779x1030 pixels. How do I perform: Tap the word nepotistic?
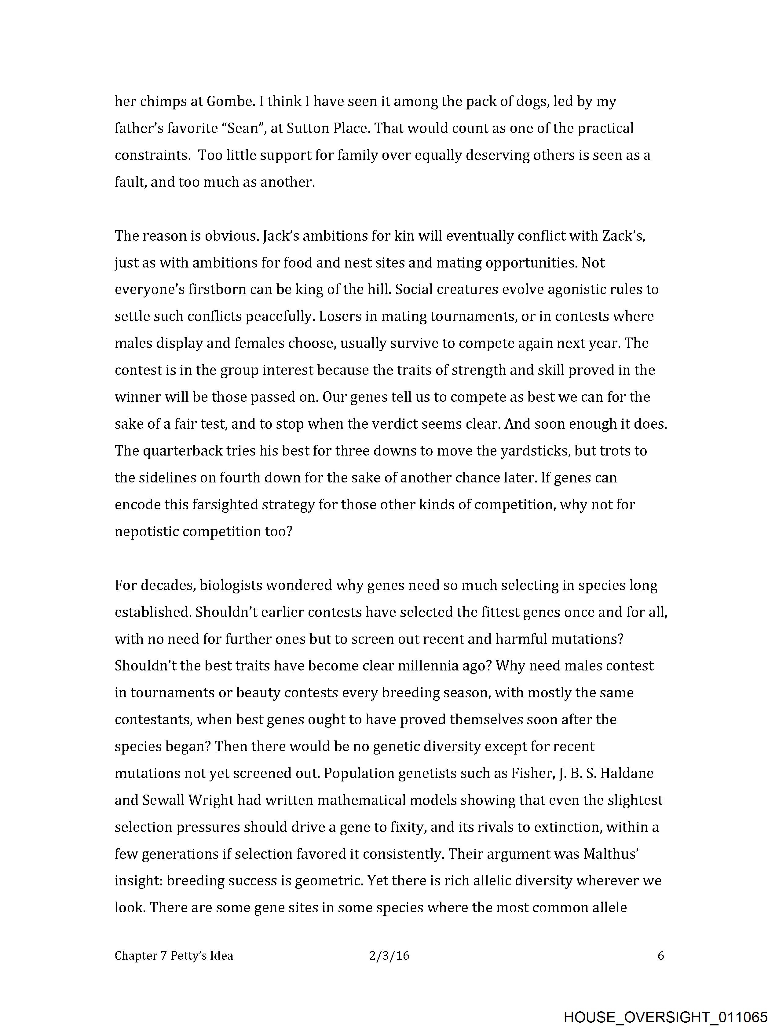[146, 531]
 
